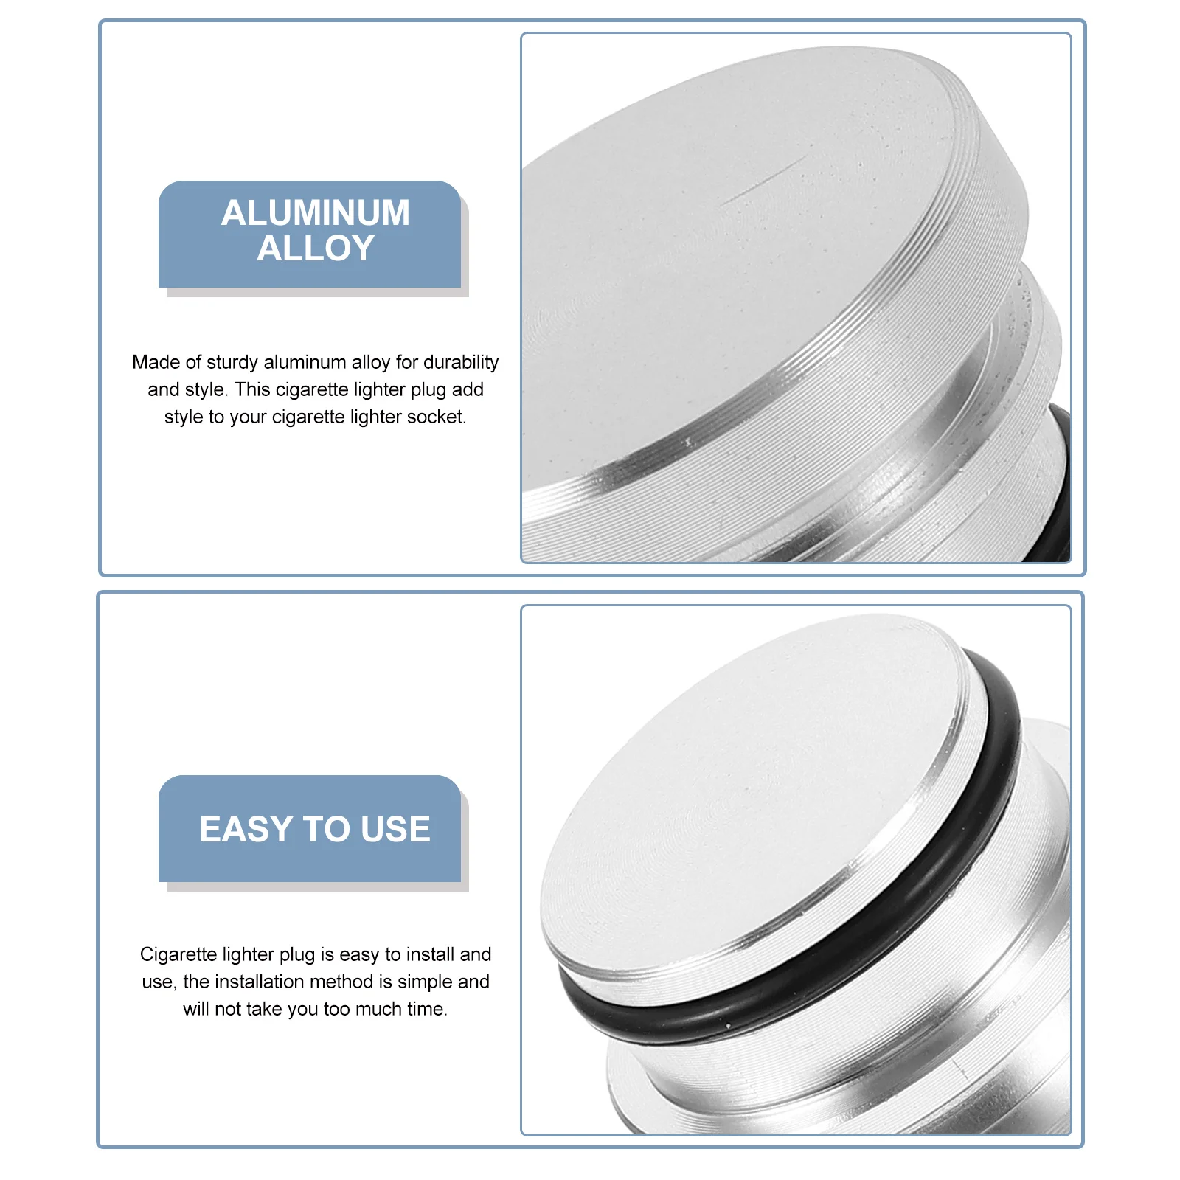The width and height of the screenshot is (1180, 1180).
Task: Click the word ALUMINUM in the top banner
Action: pyautogui.click(x=316, y=213)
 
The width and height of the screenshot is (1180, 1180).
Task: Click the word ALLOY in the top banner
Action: pyautogui.click(x=316, y=249)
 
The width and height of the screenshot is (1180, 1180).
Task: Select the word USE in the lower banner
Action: pyautogui.click(x=396, y=829)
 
